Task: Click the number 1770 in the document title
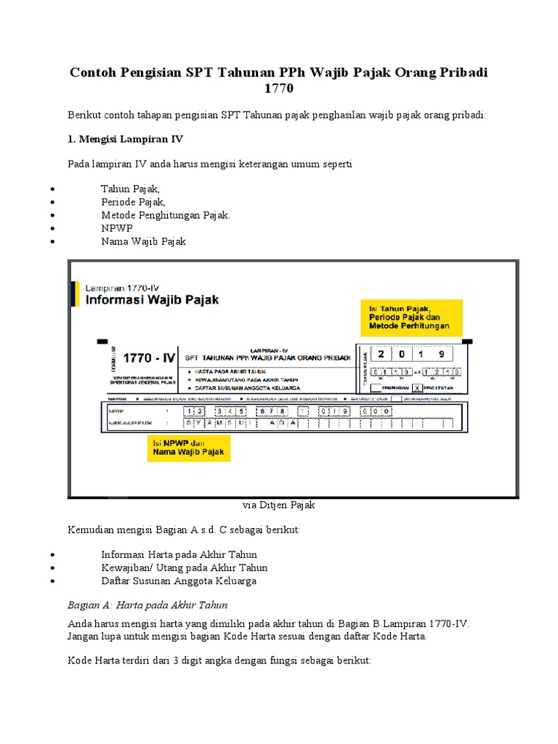click(x=279, y=89)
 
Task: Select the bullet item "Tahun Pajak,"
click(x=130, y=189)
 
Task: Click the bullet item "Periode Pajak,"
click(x=133, y=202)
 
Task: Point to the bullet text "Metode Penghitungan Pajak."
click(x=166, y=215)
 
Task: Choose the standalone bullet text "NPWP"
click(x=116, y=228)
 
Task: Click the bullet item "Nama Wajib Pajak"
click(x=144, y=241)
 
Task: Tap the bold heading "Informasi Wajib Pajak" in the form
click(x=152, y=299)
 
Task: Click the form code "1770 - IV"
click(x=150, y=357)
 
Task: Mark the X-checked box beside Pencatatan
click(x=417, y=389)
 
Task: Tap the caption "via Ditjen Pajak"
click(x=278, y=504)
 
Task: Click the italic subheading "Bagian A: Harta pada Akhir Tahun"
click(x=147, y=604)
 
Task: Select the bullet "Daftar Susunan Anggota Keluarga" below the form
click(x=179, y=581)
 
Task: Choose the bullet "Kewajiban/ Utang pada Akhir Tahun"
click(x=185, y=568)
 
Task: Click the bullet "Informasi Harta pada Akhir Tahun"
click(x=179, y=555)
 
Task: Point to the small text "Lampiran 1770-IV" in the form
click(x=122, y=286)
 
